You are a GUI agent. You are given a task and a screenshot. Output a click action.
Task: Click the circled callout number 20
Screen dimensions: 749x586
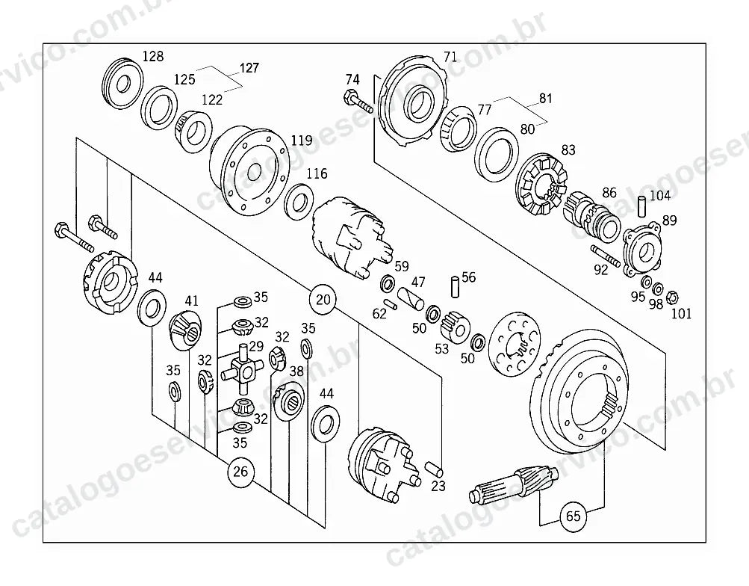pos(323,300)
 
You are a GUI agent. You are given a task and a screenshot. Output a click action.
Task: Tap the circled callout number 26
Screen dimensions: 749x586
pos(240,472)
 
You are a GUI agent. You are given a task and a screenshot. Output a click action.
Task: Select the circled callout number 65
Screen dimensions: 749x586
pos(574,516)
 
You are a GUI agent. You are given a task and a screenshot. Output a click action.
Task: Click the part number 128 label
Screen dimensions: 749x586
pos(153,56)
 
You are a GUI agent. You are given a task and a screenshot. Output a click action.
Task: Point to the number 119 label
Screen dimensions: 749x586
pos(302,141)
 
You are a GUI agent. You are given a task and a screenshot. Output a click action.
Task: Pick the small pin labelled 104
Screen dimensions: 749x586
pos(643,205)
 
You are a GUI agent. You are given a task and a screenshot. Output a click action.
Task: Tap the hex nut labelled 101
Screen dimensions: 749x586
pos(671,297)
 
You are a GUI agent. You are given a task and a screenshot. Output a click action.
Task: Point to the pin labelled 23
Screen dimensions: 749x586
pos(433,468)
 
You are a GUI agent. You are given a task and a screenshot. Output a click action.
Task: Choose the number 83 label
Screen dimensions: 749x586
pos(568,150)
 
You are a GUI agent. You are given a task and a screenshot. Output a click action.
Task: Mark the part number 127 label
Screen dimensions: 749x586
pos(249,68)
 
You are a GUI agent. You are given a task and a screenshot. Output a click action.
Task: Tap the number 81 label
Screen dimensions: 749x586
pos(546,99)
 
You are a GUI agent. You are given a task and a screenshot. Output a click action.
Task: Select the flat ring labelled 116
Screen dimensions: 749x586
pos(299,201)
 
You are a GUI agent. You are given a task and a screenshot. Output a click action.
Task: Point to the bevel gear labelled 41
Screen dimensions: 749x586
pos(186,328)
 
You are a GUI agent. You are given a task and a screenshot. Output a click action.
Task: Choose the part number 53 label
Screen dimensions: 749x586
pos(442,348)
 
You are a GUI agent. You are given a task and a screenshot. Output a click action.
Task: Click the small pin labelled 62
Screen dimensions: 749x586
pos(391,304)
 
